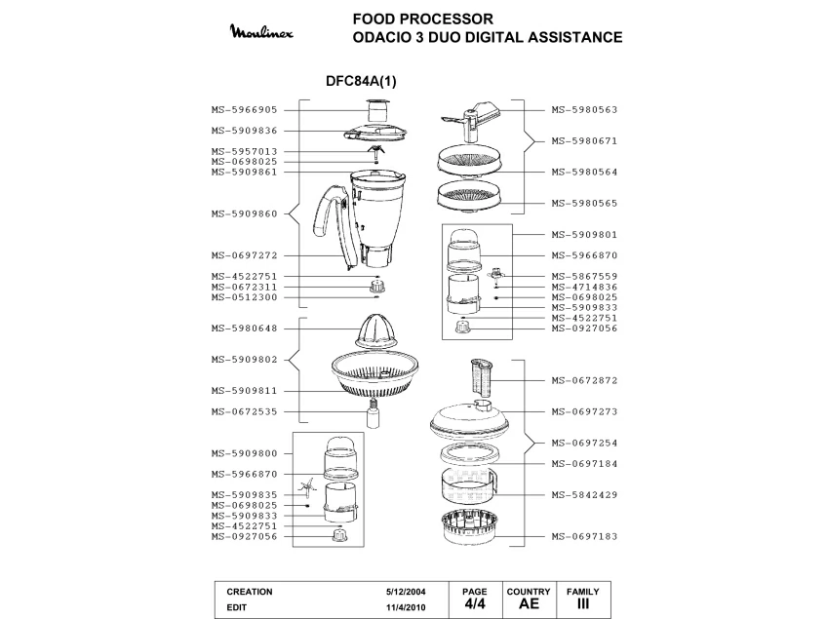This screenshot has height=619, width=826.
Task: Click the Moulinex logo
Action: click(x=261, y=31)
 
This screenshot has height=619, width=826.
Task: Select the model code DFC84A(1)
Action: click(x=361, y=81)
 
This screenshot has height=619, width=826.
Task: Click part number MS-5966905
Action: click(x=245, y=110)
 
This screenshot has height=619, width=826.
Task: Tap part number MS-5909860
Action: click(x=245, y=213)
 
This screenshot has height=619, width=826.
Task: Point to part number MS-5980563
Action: click(x=584, y=110)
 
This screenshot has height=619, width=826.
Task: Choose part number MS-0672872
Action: click(x=584, y=380)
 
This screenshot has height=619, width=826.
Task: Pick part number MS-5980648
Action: click(x=245, y=329)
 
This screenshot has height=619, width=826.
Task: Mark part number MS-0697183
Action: click(x=584, y=537)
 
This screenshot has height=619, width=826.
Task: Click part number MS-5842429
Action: click(x=584, y=495)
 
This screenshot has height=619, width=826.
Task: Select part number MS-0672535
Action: click(x=245, y=412)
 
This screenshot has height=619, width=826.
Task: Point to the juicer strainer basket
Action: click(x=375, y=374)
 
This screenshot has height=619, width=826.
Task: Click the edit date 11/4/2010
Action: click(x=406, y=607)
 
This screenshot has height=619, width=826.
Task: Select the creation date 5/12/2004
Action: click(x=406, y=592)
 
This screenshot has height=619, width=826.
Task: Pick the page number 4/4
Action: click(x=475, y=603)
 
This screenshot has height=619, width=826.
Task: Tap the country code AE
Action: click(x=529, y=603)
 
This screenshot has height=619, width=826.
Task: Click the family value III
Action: click(x=583, y=603)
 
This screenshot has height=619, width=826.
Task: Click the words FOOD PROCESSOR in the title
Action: click(x=423, y=19)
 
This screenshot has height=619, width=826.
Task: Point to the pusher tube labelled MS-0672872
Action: click(x=481, y=378)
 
